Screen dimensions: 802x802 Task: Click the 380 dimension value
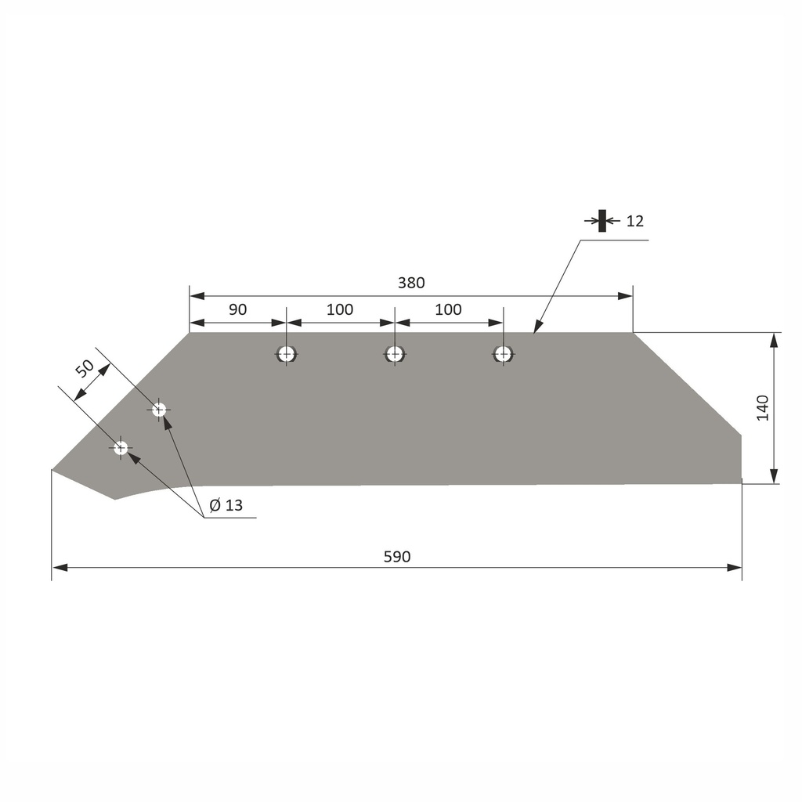pos(411,284)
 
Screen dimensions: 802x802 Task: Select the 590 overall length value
pos(397,557)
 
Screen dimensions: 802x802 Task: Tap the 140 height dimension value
pos(763,408)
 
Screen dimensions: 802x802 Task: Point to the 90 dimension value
pos(237,309)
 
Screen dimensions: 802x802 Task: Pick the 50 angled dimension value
pos(85,367)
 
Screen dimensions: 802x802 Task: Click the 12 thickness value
pos(635,221)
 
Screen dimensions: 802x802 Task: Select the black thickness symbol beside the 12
pos(601,221)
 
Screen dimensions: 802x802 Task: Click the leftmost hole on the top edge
pos(286,354)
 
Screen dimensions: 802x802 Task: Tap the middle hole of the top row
pos(394,354)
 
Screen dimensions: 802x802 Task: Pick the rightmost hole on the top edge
pos(503,354)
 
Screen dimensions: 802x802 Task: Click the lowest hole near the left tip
pos(121,448)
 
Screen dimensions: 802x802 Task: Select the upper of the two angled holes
pos(159,409)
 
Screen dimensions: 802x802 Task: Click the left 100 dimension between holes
pos(340,309)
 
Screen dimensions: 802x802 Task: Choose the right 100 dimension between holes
pos(448,309)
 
